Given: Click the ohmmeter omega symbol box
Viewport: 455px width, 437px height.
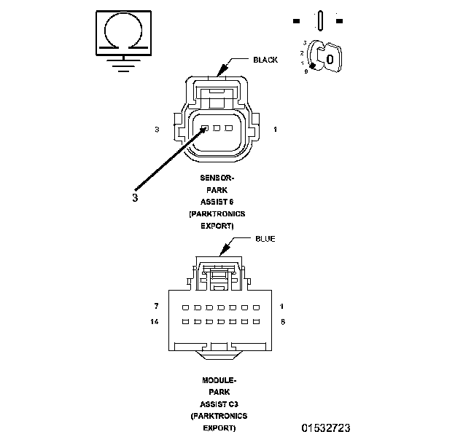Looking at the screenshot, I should [123, 32].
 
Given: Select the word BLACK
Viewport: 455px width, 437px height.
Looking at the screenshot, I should [265, 60].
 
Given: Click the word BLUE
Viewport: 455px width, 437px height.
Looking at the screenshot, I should [265, 239].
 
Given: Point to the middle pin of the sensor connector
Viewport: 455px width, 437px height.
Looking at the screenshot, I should [217, 129].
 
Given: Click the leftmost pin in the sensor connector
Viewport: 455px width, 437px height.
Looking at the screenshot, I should [206, 129].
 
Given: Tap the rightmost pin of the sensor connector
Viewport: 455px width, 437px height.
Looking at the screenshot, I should [229, 129].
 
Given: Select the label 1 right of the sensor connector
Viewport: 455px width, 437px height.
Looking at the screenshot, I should [275, 130].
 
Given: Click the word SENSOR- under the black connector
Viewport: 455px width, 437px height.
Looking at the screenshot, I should [217, 178].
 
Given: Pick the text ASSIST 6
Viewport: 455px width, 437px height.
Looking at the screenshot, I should [217, 201].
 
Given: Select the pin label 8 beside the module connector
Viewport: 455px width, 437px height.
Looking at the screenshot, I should [281, 321].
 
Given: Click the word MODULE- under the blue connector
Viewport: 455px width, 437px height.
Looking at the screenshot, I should [218, 380].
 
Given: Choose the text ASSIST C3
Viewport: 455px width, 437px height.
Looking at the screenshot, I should [218, 403].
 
